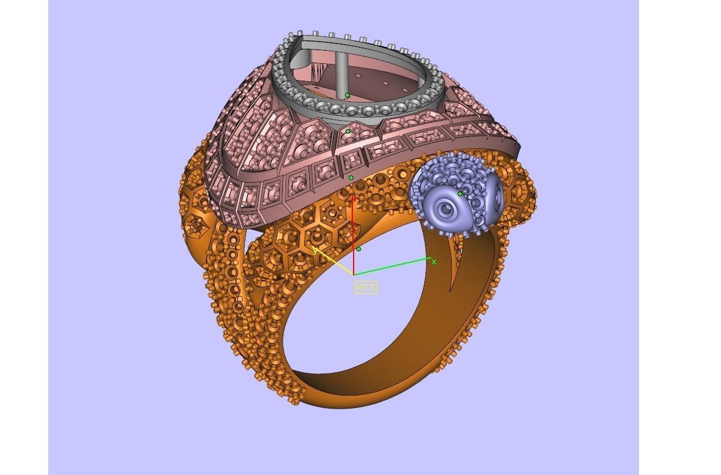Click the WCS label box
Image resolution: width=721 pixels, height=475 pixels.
pos(366,287)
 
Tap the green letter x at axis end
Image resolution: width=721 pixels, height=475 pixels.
pos(434,262)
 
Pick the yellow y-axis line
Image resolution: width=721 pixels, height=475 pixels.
pos(335,263)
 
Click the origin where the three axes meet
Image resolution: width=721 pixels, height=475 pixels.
pos(354,274)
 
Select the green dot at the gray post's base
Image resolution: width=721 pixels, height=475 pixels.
pos(347,96)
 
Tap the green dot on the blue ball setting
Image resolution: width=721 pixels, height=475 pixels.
pos(460,194)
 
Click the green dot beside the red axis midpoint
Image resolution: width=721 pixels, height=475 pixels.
pos(359,249)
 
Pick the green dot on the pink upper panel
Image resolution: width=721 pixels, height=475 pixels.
pos(349,131)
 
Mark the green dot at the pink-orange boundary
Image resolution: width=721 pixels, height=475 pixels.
pos(350,178)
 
